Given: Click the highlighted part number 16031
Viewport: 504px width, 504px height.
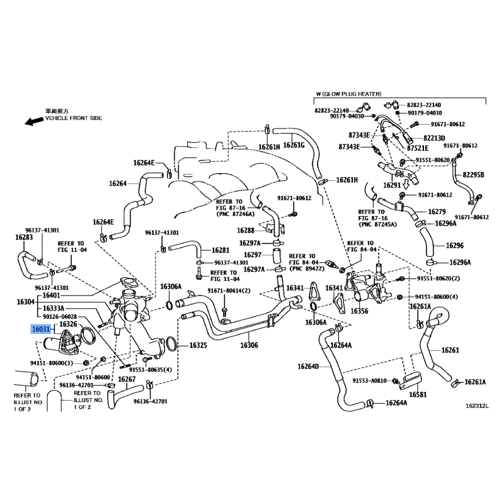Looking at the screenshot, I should tap(42, 328).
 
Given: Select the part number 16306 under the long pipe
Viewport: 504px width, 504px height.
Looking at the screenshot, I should tap(249, 345).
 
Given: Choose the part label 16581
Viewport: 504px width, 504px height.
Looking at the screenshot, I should tap(418, 396).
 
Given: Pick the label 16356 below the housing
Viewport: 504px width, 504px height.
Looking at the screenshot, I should tap(360, 311).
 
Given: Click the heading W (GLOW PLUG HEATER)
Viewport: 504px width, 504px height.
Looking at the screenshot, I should tap(348, 93).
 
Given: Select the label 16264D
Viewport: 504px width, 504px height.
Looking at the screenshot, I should tap(308, 366).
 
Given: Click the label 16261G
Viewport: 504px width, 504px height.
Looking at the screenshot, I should tap(294, 146).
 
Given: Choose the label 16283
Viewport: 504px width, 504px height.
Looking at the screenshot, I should tap(24, 238).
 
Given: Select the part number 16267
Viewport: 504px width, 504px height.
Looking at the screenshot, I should tap(127, 379).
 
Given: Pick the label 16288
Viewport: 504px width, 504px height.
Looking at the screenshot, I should tap(246, 231).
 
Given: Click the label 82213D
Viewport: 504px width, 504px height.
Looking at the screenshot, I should tap(434, 138).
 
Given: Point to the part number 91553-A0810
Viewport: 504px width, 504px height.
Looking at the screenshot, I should tap(370, 381).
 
